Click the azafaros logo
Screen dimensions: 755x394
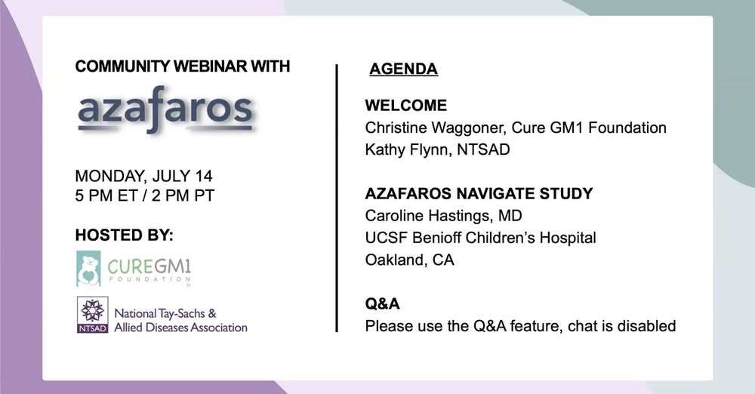click(x=165, y=109)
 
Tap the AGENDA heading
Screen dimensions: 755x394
click(x=403, y=69)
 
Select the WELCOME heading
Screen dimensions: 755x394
click(x=406, y=106)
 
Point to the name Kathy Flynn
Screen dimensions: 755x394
click(x=408, y=149)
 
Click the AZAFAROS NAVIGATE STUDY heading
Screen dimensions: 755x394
click(x=479, y=194)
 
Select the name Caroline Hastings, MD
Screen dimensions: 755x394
click(x=443, y=216)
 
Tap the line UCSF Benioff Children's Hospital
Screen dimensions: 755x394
click(x=480, y=238)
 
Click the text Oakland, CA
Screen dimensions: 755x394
click(x=410, y=260)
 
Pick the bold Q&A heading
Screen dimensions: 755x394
click(x=382, y=304)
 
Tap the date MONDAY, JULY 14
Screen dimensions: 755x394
click(x=143, y=176)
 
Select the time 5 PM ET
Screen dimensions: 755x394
click(x=106, y=195)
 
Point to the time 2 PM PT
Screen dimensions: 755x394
click(x=183, y=195)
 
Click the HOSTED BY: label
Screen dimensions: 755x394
click(x=125, y=235)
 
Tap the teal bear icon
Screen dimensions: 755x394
click(x=88, y=268)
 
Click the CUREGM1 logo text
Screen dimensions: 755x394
click(x=149, y=266)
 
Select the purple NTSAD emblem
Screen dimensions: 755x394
click(x=92, y=314)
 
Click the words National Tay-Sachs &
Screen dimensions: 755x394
click(x=165, y=313)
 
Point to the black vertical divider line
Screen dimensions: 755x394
click(x=337, y=198)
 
